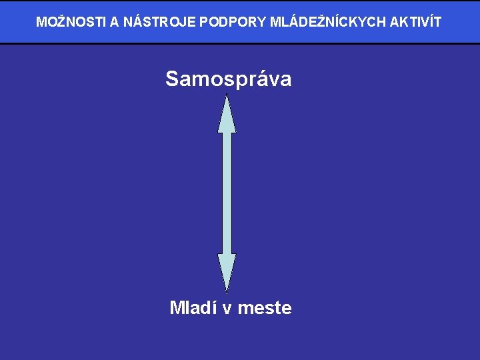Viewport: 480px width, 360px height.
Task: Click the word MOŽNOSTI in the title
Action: click(x=71, y=22)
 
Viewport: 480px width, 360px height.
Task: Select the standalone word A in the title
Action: click(x=115, y=22)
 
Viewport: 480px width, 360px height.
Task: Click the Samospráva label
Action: click(x=228, y=79)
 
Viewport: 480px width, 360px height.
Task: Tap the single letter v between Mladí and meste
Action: click(x=227, y=309)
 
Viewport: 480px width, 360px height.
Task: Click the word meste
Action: click(x=265, y=308)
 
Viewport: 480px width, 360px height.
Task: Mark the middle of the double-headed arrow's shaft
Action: click(x=227, y=193)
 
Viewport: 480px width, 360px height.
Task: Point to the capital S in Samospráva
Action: click(x=172, y=79)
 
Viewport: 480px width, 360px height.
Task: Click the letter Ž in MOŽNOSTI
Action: click(x=57, y=22)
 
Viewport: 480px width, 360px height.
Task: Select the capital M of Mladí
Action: click(x=177, y=308)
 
